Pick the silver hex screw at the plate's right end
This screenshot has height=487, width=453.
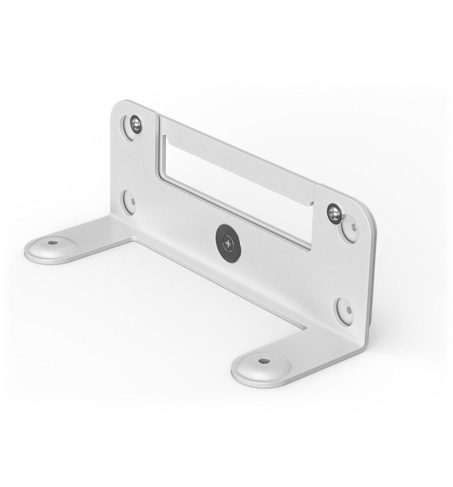(334, 213)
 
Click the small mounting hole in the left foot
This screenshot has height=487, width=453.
(52, 243)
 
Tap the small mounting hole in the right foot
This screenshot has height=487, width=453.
(264, 361)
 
